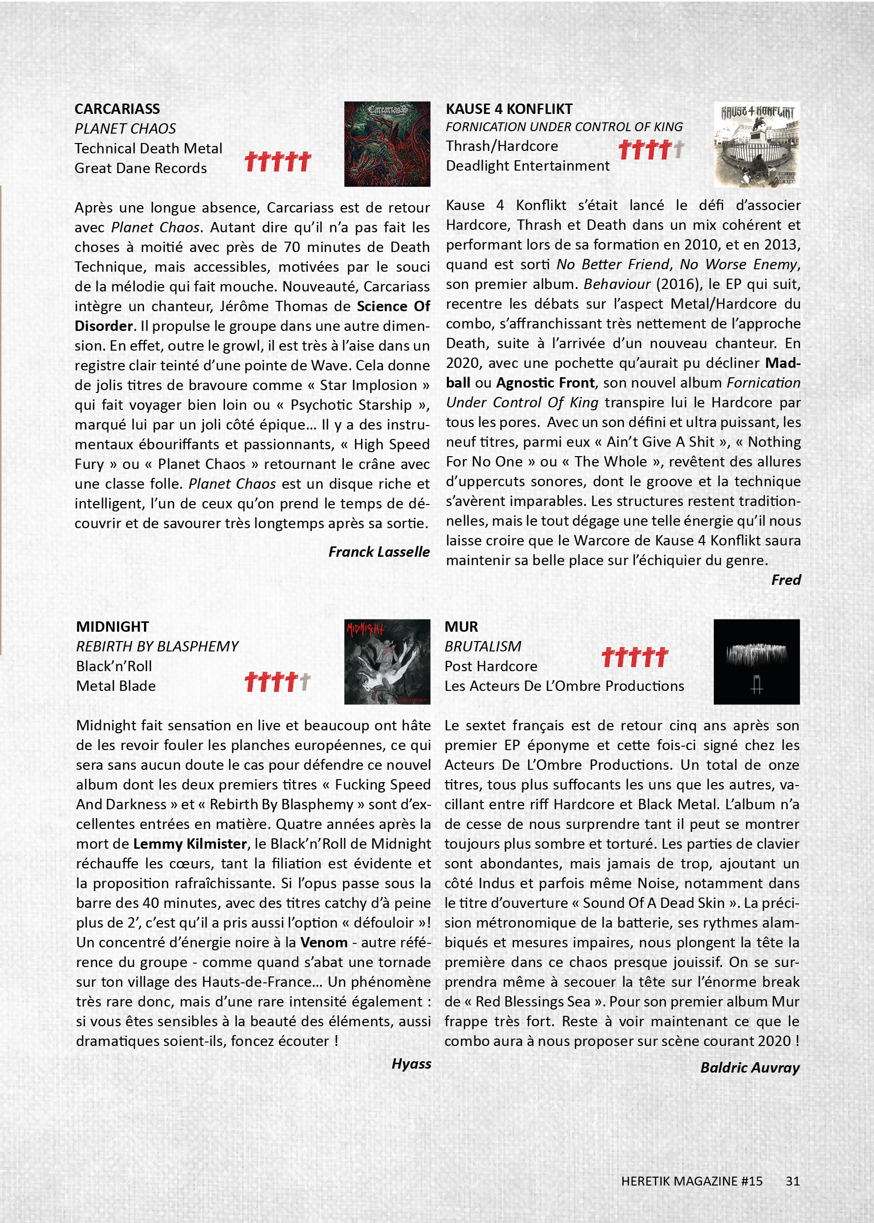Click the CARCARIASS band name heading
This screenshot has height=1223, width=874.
click(x=117, y=108)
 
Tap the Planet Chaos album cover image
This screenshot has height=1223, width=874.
click(x=387, y=144)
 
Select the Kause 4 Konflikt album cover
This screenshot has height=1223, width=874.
click(x=756, y=144)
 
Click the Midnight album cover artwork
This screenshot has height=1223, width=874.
click(x=387, y=661)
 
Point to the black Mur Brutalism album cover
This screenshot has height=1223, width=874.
click(x=756, y=661)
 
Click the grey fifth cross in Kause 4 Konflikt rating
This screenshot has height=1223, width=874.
click(x=679, y=149)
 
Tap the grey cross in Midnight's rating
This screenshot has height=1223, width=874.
click(x=305, y=682)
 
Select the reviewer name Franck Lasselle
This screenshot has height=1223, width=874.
click(x=379, y=551)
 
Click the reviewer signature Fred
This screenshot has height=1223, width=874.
click(x=786, y=579)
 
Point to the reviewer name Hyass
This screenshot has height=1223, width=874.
click(x=411, y=1063)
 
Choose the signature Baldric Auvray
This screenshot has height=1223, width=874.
click(x=750, y=1067)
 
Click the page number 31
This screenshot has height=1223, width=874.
click(x=792, y=1181)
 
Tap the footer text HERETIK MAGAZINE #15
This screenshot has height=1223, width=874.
click(x=692, y=1181)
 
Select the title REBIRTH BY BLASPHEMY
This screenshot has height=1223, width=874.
click(x=157, y=646)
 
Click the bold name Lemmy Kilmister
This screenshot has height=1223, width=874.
click(x=190, y=843)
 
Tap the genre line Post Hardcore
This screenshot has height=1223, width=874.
click(x=490, y=666)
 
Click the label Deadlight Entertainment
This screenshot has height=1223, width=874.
click(x=527, y=166)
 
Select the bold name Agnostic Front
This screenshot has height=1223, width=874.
click(x=545, y=383)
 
